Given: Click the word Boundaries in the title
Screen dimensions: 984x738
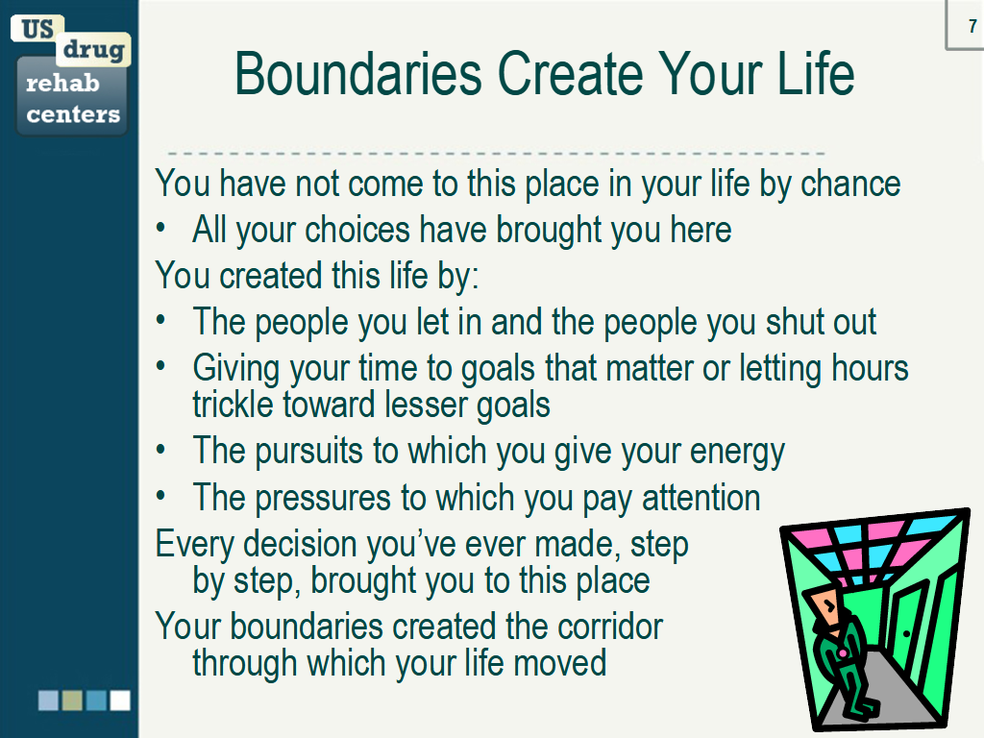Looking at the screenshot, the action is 358,74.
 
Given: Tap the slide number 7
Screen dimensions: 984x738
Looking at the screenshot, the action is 972,26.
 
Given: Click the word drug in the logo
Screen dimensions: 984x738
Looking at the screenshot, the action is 93,50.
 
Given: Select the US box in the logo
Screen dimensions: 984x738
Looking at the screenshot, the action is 37,29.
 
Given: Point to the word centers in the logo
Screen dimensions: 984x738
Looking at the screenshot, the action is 73,114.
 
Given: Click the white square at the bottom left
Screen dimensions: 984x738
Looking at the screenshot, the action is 120,701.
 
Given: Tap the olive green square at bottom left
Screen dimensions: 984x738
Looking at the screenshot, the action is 72,701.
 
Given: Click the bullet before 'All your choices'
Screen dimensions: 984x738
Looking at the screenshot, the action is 161,229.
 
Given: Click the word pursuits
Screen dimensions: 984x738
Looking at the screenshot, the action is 308,452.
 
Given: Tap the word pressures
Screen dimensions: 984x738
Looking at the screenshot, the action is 323,499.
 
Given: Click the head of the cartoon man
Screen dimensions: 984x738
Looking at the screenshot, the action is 825,605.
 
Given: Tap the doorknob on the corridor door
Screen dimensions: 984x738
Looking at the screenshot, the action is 906,634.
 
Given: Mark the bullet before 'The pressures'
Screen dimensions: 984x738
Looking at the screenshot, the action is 161,497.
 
